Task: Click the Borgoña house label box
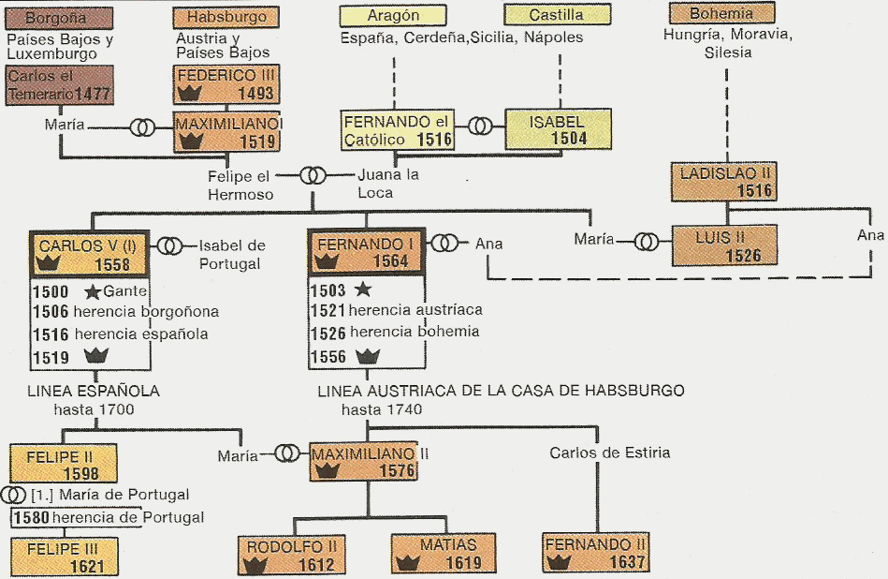(x=58, y=18)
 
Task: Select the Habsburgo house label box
(x=226, y=18)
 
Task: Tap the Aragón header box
(x=393, y=16)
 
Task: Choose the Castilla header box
(x=557, y=15)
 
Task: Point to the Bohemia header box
(x=721, y=14)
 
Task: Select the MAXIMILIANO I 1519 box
(x=228, y=132)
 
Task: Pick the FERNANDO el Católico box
(x=399, y=130)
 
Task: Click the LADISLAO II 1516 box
(x=722, y=182)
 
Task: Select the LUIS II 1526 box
(x=723, y=245)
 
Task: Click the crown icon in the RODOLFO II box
(x=251, y=562)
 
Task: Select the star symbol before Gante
(x=92, y=290)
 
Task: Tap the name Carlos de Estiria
(x=609, y=453)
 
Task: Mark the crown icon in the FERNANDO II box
(x=560, y=562)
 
